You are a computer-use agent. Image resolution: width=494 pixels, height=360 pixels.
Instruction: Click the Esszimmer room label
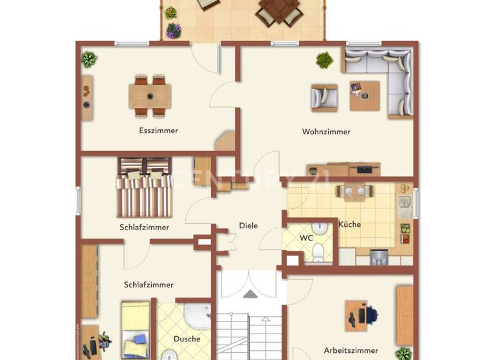coord(158,130)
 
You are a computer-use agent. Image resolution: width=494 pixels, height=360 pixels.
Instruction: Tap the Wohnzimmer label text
coord(326,132)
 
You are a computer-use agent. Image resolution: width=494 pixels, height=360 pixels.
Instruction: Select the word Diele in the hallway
coord(248,226)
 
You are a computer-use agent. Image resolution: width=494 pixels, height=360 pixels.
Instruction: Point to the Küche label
coord(349,224)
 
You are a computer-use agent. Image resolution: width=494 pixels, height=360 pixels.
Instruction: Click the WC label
coord(306,238)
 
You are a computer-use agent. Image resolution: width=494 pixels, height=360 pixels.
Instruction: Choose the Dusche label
coord(187,339)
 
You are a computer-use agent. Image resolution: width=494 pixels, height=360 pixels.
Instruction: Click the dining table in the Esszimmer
coord(150,96)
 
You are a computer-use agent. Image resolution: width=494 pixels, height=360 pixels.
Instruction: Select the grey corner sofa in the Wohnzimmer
coord(386,77)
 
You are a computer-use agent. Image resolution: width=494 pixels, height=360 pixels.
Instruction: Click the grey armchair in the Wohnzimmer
coord(324,97)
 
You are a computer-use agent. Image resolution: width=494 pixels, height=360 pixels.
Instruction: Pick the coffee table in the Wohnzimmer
coord(365,96)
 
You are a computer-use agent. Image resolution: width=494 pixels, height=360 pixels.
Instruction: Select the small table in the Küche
coord(354,191)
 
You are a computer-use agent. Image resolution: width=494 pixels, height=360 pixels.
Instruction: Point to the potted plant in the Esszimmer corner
coord(89,59)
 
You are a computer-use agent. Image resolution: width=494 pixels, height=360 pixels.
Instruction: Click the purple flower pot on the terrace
coord(174,30)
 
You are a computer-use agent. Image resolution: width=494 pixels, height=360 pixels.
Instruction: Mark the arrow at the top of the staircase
coord(250,294)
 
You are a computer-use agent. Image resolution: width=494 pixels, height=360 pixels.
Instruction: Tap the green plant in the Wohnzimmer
coord(325,60)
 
